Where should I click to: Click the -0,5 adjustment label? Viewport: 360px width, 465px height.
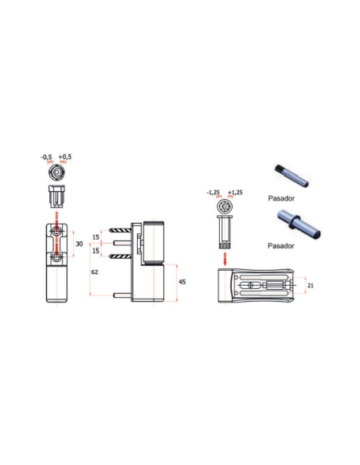[46, 157]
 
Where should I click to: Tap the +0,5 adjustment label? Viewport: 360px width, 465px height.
[65, 157]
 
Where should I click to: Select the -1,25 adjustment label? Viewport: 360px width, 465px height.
[213, 193]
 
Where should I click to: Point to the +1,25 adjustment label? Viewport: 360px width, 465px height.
[235, 193]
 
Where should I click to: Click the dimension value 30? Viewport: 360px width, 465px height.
[79, 244]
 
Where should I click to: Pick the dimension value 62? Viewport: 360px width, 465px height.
[95, 272]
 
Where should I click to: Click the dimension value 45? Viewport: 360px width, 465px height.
[182, 282]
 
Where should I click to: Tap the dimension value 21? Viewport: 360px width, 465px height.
[310, 286]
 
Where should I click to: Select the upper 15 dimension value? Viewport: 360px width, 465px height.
[96, 237]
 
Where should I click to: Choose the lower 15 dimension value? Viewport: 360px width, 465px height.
[96, 251]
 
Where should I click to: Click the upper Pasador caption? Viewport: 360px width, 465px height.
[281, 198]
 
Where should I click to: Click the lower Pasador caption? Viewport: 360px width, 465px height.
[281, 246]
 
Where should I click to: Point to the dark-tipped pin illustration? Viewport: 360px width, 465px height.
[292, 176]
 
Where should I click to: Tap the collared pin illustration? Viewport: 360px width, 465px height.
[299, 224]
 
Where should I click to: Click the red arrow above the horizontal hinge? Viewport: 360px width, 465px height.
[225, 260]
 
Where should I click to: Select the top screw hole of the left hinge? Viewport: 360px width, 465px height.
[57, 230]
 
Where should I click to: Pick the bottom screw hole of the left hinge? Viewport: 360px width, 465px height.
[57, 257]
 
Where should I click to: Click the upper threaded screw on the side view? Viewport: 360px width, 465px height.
[120, 230]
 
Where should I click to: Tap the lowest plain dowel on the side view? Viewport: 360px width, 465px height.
[122, 295]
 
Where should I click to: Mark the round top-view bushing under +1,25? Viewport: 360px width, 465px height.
[225, 206]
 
